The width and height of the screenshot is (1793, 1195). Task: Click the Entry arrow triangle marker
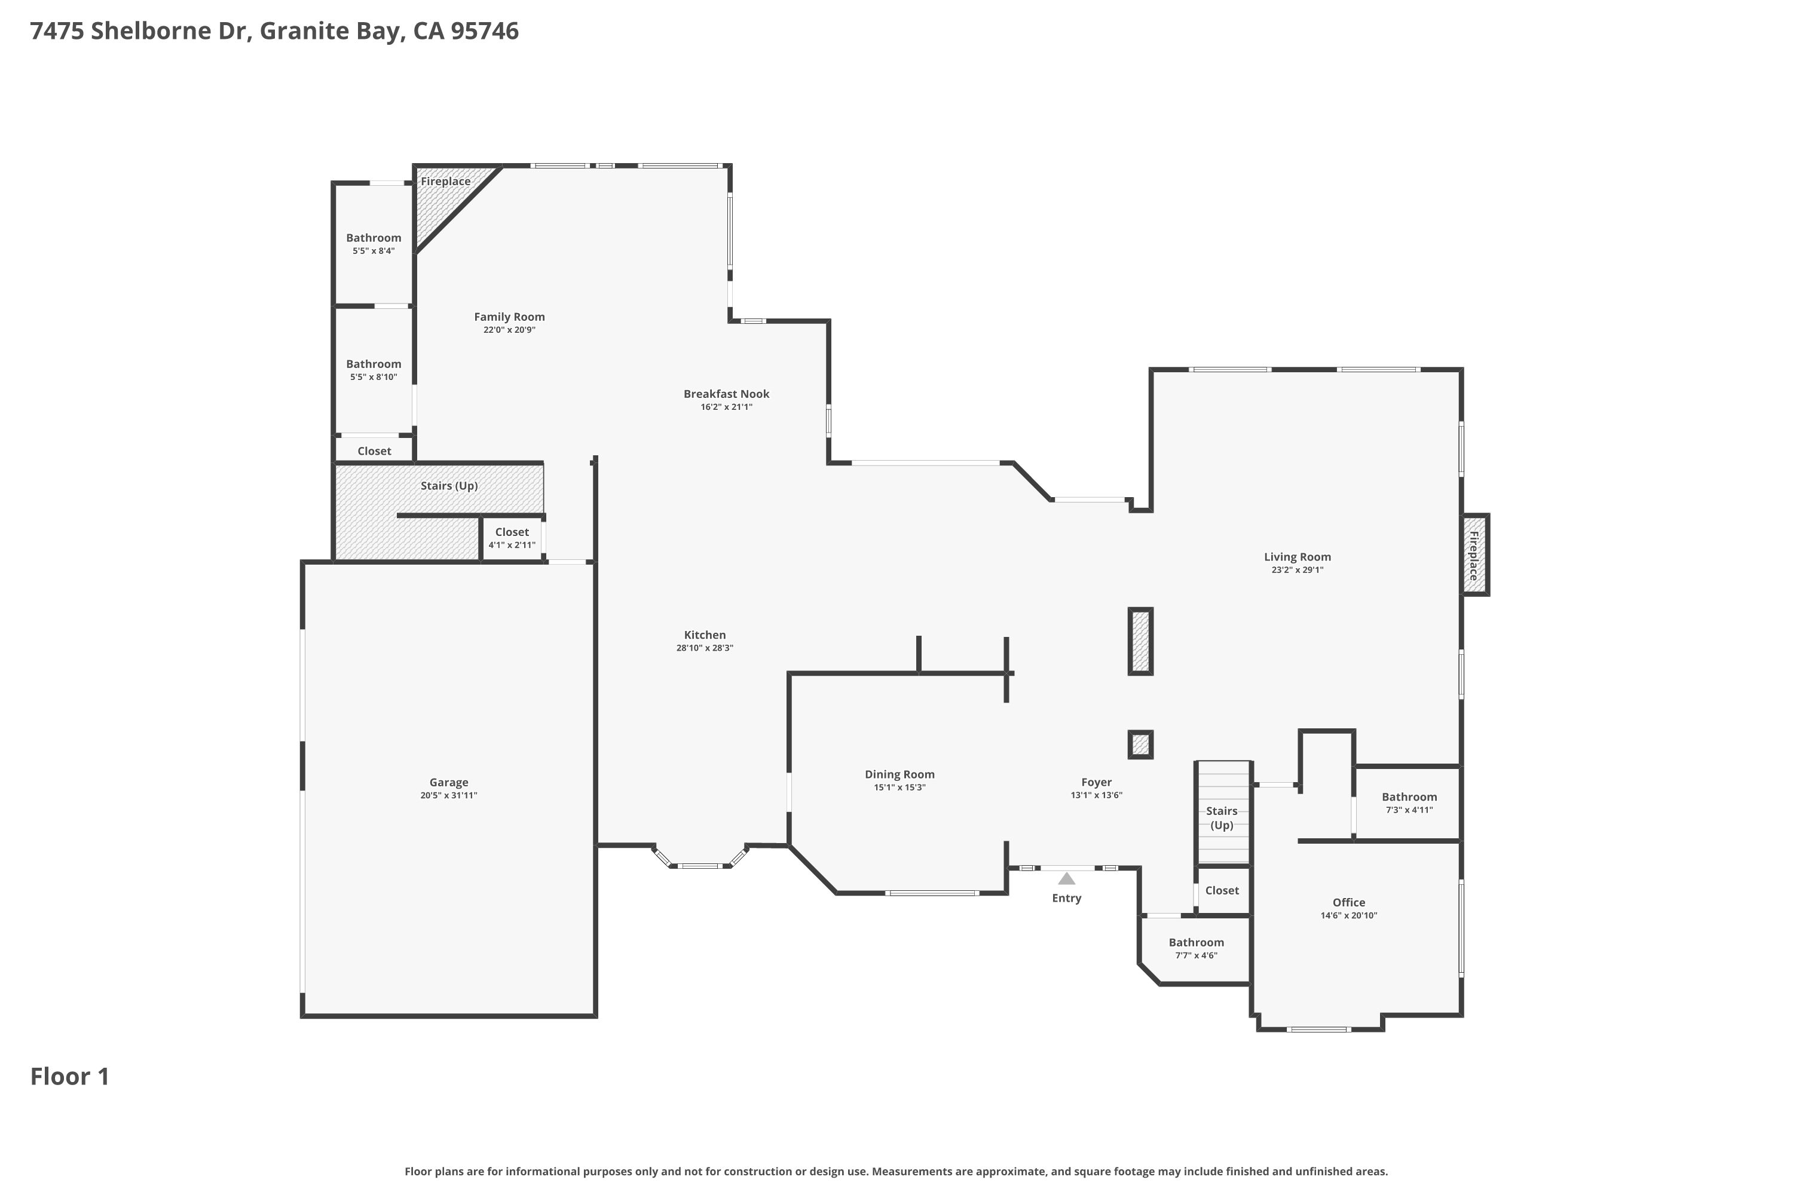pos(1066,879)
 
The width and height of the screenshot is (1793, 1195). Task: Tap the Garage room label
pos(448,783)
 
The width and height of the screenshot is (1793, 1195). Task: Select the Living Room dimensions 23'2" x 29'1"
pos(1297,570)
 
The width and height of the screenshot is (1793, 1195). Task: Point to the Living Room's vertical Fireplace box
pos(1474,555)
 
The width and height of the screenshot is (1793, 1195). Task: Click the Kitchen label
pos(705,635)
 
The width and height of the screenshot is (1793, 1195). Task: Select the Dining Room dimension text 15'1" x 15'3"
pos(899,788)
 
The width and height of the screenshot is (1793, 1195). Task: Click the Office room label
pos(1348,902)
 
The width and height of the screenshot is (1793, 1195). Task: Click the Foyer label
pos(1096,782)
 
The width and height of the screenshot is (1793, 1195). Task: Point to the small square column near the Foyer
pos(1140,744)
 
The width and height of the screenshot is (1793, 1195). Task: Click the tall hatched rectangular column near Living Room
pos(1140,641)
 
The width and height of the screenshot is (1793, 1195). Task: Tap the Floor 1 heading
pos(70,1076)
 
